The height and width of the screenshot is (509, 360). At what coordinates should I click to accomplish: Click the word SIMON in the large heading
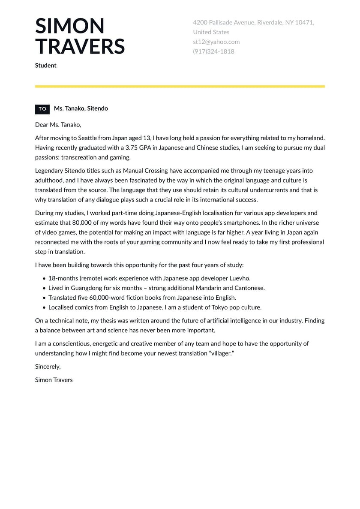[70, 26]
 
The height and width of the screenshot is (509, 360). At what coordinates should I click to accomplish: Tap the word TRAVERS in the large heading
[80, 46]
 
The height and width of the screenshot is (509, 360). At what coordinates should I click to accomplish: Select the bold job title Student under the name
[46, 66]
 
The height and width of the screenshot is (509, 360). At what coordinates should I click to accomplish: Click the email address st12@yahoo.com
[216, 42]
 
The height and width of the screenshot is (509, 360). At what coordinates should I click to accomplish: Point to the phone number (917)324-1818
[213, 51]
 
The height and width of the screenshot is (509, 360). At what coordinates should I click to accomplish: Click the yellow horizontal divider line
[180, 87]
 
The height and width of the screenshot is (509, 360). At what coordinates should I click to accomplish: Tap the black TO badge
[42, 109]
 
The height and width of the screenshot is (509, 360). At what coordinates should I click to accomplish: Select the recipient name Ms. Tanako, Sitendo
[81, 108]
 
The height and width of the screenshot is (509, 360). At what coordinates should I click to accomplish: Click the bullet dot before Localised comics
[44, 308]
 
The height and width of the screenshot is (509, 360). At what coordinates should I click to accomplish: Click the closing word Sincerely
[48, 367]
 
